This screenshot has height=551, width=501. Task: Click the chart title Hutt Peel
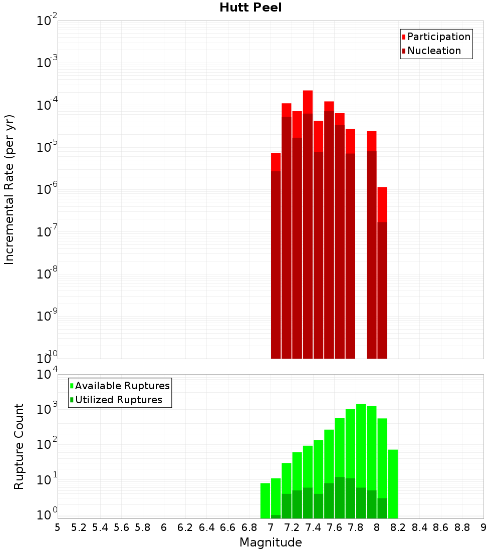[250, 8]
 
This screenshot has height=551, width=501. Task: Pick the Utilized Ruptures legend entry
[118, 400]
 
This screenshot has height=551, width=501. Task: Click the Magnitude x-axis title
[271, 542]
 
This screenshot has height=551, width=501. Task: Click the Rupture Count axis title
[19, 446]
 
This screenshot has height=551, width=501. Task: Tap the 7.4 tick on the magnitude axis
[313, 527]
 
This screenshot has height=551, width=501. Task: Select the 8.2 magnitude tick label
[398, 527]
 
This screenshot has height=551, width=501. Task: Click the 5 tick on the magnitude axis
[58, 527]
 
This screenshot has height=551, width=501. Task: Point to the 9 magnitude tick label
[483, 527]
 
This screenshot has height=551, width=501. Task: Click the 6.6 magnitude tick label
[228, 527]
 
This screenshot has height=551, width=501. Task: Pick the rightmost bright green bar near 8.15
[393, 481]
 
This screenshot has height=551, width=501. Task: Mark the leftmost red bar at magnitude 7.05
[276, 250]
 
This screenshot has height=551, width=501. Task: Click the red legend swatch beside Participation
[403, 37]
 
